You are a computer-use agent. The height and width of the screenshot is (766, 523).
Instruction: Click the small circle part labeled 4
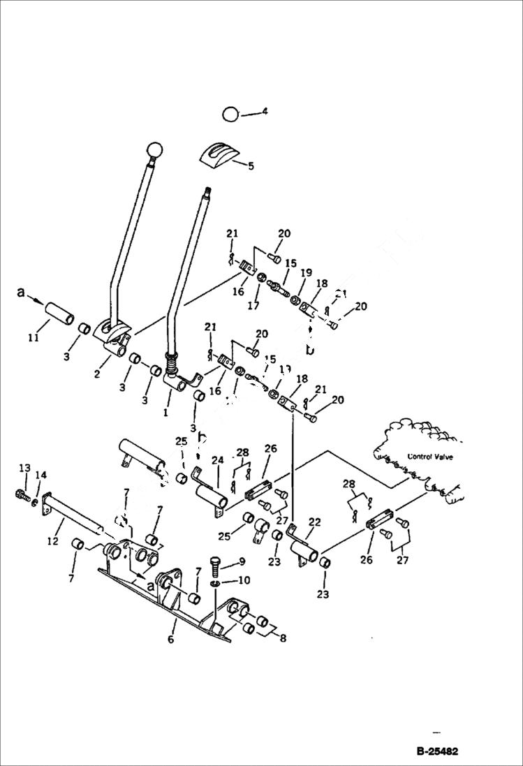click(x=230, y=114)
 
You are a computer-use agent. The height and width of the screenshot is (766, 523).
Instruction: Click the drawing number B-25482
click(x=437, y=751)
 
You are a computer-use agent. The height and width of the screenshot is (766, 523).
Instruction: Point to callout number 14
click(x=40, y=476)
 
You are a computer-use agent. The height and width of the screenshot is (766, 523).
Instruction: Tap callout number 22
click(x=314, y=522)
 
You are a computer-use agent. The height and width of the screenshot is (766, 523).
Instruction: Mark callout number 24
click(x=217, y=461)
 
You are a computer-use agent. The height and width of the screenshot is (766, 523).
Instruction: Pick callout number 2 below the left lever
click(x=97, y=374)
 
